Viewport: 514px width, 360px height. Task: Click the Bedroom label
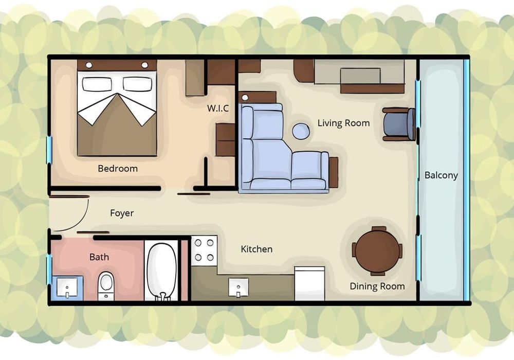point(118,169)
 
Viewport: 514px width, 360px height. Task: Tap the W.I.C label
point(218,108)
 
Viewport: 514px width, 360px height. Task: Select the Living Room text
point(343,123)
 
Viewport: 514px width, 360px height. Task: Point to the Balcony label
point(441,175)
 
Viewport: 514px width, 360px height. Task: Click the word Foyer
point(122,213)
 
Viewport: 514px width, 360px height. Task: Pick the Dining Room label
point(377,286)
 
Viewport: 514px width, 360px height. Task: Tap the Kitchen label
point(256,249)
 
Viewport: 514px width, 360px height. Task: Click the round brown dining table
point(377,251)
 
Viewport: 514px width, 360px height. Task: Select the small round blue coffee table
point(301,131)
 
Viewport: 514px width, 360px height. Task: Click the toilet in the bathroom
point(106,286)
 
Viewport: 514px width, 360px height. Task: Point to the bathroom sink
point(67,287)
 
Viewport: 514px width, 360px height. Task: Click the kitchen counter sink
point(238,287)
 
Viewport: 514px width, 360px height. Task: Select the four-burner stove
point(204,250)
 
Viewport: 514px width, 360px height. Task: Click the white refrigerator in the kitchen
point(309,283)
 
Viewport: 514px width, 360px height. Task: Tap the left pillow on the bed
point(97,84)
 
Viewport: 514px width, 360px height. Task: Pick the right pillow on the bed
point(137,84)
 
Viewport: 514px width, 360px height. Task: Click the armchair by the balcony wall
point(399,124)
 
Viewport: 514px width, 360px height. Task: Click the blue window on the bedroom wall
point(49,150)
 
